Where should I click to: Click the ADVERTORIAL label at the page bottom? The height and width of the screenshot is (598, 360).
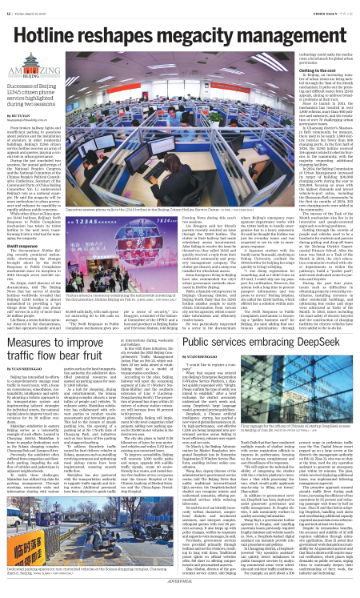coord(180,593)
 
